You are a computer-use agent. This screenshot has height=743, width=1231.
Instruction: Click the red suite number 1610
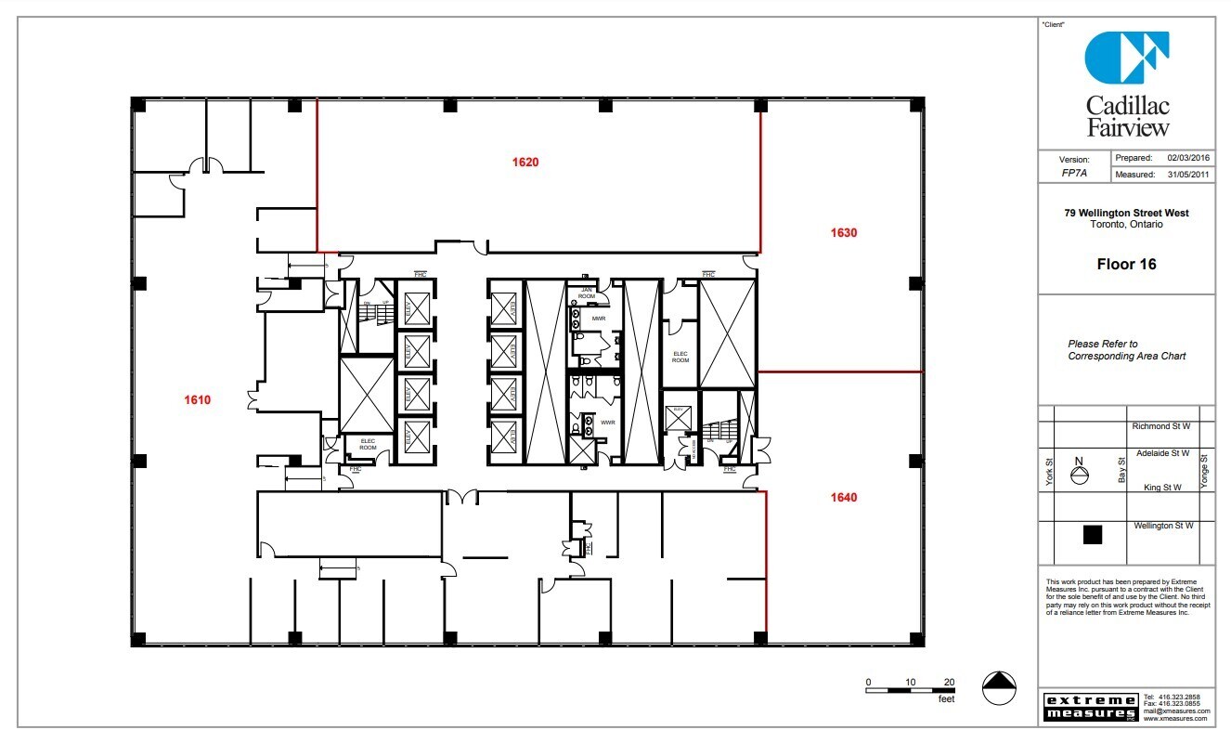pos(197,400)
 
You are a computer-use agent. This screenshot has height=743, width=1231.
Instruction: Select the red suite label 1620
pos(525,163)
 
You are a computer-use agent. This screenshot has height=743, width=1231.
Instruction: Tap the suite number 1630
pos(843,233)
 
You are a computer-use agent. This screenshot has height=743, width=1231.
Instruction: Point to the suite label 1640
pos(843,498)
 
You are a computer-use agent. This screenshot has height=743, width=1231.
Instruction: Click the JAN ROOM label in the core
pos(586,293)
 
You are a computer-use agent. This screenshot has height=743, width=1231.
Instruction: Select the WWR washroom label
pos(608,423)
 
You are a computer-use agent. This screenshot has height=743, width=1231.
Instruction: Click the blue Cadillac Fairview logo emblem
pos(1126,58)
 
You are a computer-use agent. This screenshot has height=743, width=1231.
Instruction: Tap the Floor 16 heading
pos(1126,265)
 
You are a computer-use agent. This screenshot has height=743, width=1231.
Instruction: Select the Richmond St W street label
pos(1160,426)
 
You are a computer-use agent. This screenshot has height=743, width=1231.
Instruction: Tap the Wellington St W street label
pos(1163,526)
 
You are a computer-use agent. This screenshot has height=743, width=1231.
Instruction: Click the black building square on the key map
pos(1093,534)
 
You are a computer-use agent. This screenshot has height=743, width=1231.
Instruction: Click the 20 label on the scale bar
pos(948,682)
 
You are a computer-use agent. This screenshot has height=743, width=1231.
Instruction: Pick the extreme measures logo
pos(1090,707)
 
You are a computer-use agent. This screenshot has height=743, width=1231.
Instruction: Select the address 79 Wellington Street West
pos(1126,213)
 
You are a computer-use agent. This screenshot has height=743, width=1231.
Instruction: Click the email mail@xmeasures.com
pos(1176,711)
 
